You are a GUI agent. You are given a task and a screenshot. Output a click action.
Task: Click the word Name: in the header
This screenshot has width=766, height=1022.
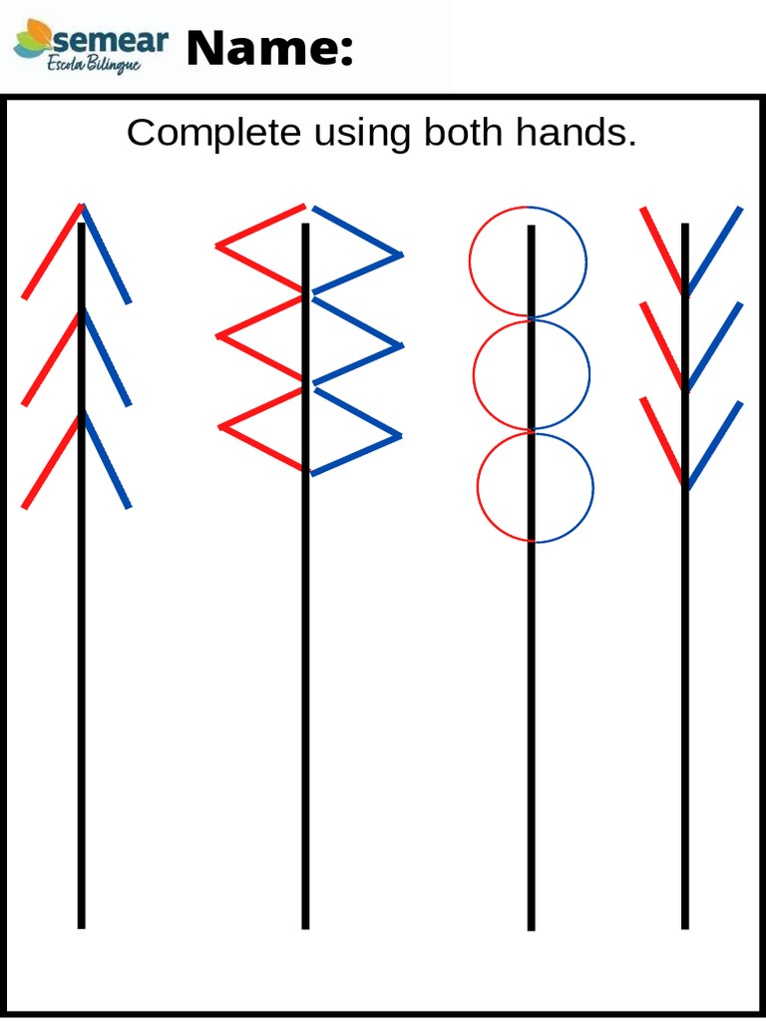[269, 49]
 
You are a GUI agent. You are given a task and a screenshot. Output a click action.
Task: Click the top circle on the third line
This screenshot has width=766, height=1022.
[529, 262]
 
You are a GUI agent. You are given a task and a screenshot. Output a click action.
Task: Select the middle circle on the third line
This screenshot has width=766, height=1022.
[532, 375]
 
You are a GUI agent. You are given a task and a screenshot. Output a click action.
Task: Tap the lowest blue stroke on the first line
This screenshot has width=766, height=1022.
[106, 461]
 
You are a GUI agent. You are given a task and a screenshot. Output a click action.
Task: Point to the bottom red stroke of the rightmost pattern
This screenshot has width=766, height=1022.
[662, 440]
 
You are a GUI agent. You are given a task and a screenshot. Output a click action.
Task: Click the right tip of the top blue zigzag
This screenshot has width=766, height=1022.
[401, 255]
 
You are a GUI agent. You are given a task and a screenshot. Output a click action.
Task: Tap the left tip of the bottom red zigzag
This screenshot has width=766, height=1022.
[220, 427]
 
